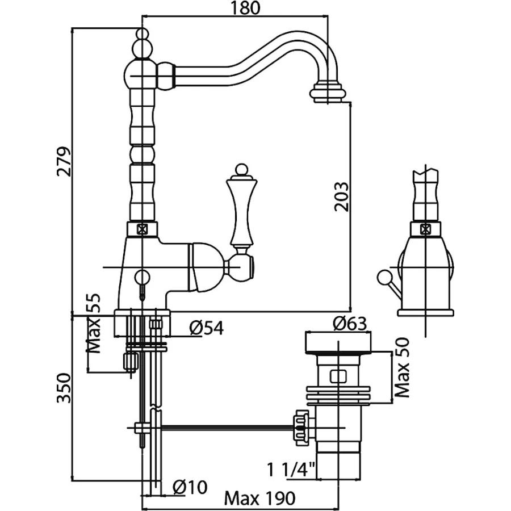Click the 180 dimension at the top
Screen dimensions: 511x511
[246, 9]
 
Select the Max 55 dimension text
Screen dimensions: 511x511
[94, 323]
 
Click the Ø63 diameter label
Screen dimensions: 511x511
[350, 323]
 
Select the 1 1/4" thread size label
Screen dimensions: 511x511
[292, 470]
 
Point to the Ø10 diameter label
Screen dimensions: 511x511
[190, 487]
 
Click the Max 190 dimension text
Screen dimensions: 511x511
[259, 499]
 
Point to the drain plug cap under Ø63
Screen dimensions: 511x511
[338, 342]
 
